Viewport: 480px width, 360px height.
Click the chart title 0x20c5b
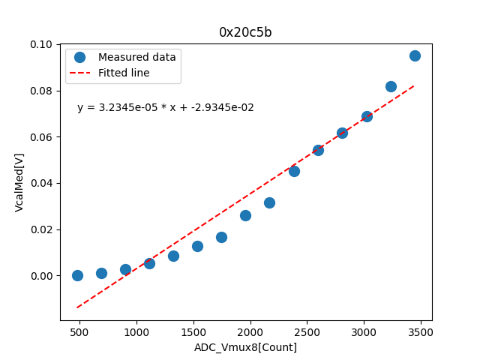[x=245, y=32]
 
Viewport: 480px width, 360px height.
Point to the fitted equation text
[x=165, y=107]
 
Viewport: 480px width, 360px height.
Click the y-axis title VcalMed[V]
[x=19, y=182]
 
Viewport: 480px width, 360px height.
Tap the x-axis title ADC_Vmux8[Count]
[x=245, y=347]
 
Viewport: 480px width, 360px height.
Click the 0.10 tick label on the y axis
[x=42, y=45]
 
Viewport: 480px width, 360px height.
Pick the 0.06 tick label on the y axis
[x=42, y=137]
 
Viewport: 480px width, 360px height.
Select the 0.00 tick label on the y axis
[x=42, y=276]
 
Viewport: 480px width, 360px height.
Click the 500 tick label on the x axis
[x=79, y=331]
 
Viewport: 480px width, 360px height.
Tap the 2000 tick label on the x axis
[x=250, y=331]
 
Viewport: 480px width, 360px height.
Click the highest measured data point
[x=415, y=55]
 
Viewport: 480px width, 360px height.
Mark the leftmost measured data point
[x=77, y=275]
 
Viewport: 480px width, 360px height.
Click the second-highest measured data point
[x=391, y=86]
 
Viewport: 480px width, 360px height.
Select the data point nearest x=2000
[x=245, y=215]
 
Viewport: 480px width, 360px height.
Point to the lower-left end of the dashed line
[x=77, y=307]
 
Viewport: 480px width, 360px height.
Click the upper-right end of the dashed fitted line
[x=414, y=85]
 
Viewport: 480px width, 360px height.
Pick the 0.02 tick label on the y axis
[x=42, y=229]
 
